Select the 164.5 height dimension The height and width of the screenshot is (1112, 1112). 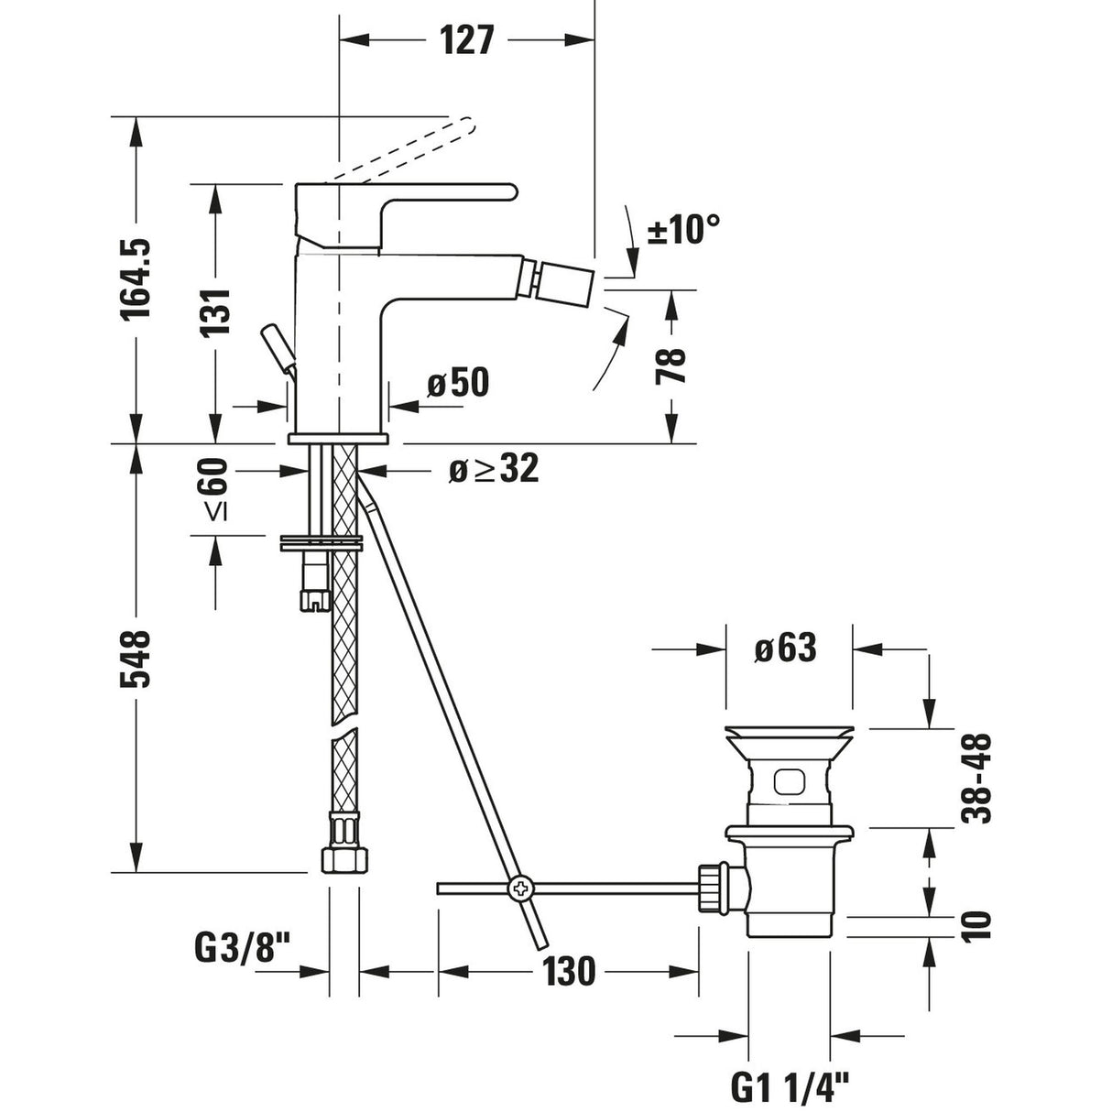(x=136, y=279)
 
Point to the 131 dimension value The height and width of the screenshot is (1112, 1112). (x=216, y=312)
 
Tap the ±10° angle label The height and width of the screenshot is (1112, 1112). (x=683, y=229)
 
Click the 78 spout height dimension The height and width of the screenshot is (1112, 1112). (x=673, y=365)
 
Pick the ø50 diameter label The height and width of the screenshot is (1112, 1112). (x=457, y=383)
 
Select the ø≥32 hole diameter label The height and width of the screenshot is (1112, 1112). (x=493, y=470)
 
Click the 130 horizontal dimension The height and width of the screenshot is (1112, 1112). (x=568, y=971)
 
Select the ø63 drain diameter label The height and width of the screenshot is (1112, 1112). (x=785, y=649)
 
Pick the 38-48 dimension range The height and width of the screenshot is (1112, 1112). (x=978, y=779)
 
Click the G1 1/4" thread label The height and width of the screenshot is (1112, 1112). (x=790, y=1087)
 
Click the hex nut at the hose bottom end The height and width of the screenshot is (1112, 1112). (x=344, y=859)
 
